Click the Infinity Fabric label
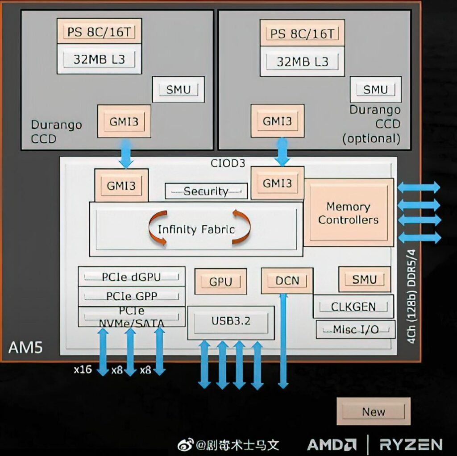pyautogui.click(x=196, y=229)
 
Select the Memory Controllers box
pyautogui.click(x=348, y=213)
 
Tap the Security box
pyautogui.click(x=206, y=191)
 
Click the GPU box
pyautogui.click(x=220, y=282)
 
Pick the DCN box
pyautogui.click(x=287, y=281)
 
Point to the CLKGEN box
pyautogui.click(x=353, y=307)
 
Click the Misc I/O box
pyautogui.click(x=356, y=329)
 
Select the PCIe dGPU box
pyautogui.click(x=131, y=277)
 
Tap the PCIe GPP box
pyautogui.click(x=131, y=296)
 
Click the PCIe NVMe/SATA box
pyautogui.click(x=131, y=316)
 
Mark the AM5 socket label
pyautogui.click(x=26, y=347)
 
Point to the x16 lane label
pyautogui.click(x=83, y=370)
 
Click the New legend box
pyautogui.click(x=373, y=411)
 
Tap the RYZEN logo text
pyautogui.click(x=411, y=444)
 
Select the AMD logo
pyautogui.click(x=332, y=444)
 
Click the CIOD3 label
pyautogui.click(x=228, y=163)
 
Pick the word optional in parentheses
pyautogui.click(x=371, y=138)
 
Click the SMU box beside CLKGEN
pyautogui.click(x=364, y=280)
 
